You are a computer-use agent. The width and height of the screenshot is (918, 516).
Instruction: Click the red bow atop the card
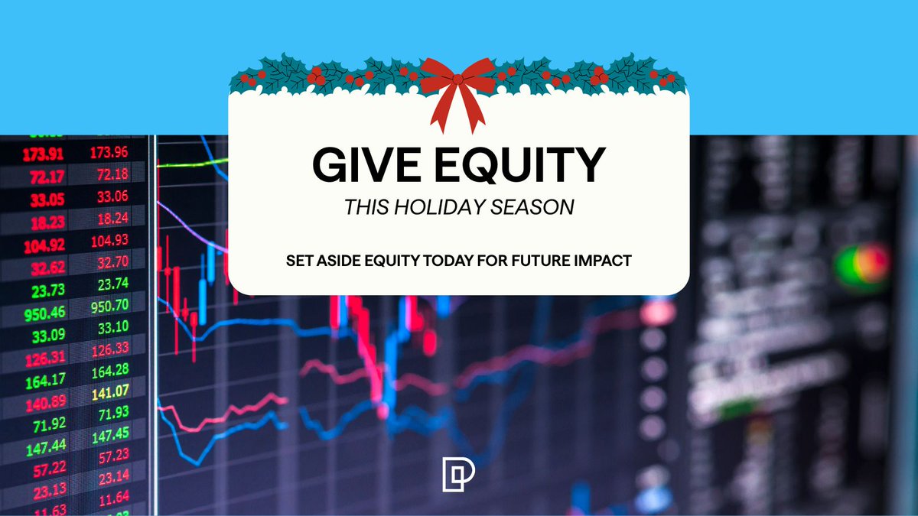458,88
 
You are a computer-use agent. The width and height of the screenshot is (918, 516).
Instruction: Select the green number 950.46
45,311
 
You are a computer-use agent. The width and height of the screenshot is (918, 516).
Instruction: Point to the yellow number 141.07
110,393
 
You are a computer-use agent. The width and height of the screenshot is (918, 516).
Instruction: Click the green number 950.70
110,308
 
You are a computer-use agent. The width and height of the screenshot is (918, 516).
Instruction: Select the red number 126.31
45,357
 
